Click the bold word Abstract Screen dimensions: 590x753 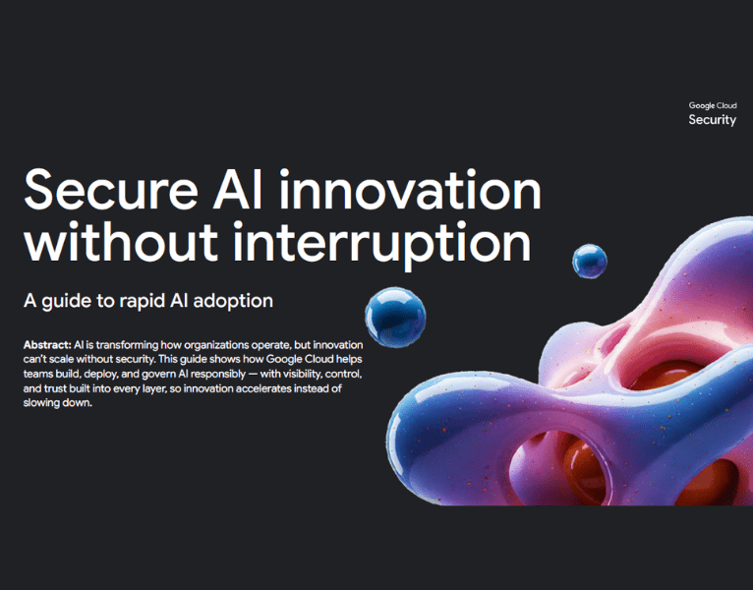click(x=46, y=347)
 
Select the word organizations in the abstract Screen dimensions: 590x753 click(x=207, y=347)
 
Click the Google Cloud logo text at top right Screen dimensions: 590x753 click(x=712, y=105)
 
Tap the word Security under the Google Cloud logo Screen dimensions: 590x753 click(x=712, y=120)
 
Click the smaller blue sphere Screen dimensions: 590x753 click(x=590, y=261)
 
